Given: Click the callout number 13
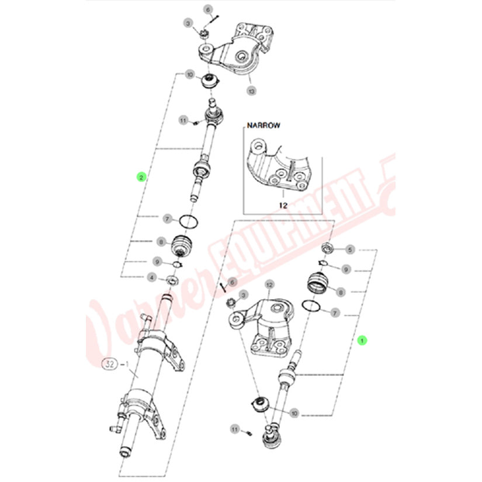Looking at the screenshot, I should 251,91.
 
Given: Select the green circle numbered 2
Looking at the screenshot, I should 140,176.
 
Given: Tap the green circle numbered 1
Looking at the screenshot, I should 362,339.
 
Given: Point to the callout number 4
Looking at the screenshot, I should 151,277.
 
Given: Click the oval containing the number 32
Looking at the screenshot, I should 109,363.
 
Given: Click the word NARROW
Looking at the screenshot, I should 263,125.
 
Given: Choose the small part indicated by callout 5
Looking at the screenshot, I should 328,248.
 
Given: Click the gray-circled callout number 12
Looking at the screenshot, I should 269,285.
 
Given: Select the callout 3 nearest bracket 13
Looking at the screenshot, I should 188,23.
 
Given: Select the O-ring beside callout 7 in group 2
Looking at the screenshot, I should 188,221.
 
